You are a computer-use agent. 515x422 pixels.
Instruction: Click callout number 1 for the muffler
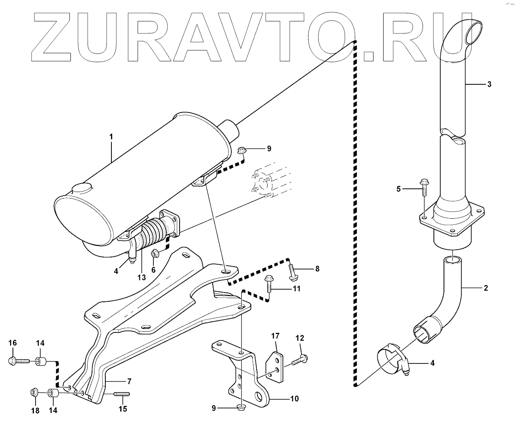[111, 137]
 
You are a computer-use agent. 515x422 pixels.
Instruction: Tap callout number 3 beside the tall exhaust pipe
[489, 84]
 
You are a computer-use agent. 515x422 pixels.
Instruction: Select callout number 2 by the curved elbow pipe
[486, 288]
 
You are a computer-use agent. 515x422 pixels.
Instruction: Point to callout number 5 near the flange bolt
[399, 189]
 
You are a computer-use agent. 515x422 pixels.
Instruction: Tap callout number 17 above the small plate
[275, 336]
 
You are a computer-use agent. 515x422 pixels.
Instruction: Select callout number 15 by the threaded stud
[123, 409]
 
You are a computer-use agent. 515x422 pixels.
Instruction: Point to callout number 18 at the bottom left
[36, 411]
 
